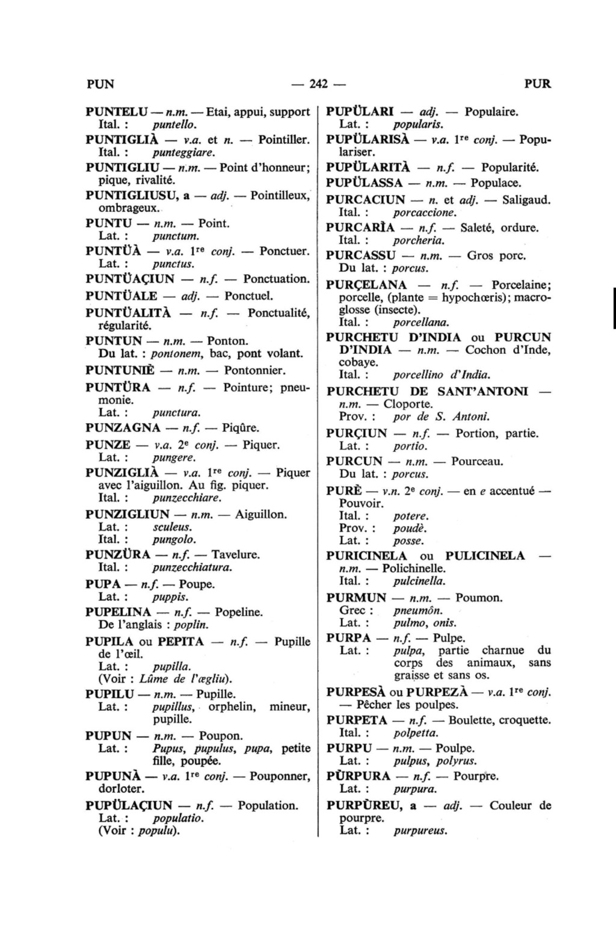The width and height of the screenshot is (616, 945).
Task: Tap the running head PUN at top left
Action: pyautogui.click(x=100, y=84)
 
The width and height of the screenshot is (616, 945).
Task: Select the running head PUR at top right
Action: pyautogui.click(x=537, y=84)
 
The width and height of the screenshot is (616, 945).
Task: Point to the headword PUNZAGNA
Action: pyautogui.click(x=123, y=428)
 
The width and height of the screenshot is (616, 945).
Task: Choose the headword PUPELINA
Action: pyautogui.click(x=118, y=612)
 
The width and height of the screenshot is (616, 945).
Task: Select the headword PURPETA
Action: pyautogui.click(x=357, y=720)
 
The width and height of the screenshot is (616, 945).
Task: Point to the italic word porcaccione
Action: pyautogui.click(x=425, y=212)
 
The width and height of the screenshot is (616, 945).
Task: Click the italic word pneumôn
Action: pyautogui.click(x=413, y=610)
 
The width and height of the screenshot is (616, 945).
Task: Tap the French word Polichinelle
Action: pyautogui.click(x=414, y=568)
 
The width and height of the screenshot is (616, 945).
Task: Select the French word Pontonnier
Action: pyautogui.click(x=254, y=370)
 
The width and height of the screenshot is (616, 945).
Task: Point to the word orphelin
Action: pyautogui.click(x=233, y=707)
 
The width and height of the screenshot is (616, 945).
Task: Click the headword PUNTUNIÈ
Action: pyautogui.click(x=120, y=370)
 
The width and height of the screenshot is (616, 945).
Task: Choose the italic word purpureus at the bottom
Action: pyautogui.click(x=420, y=831)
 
